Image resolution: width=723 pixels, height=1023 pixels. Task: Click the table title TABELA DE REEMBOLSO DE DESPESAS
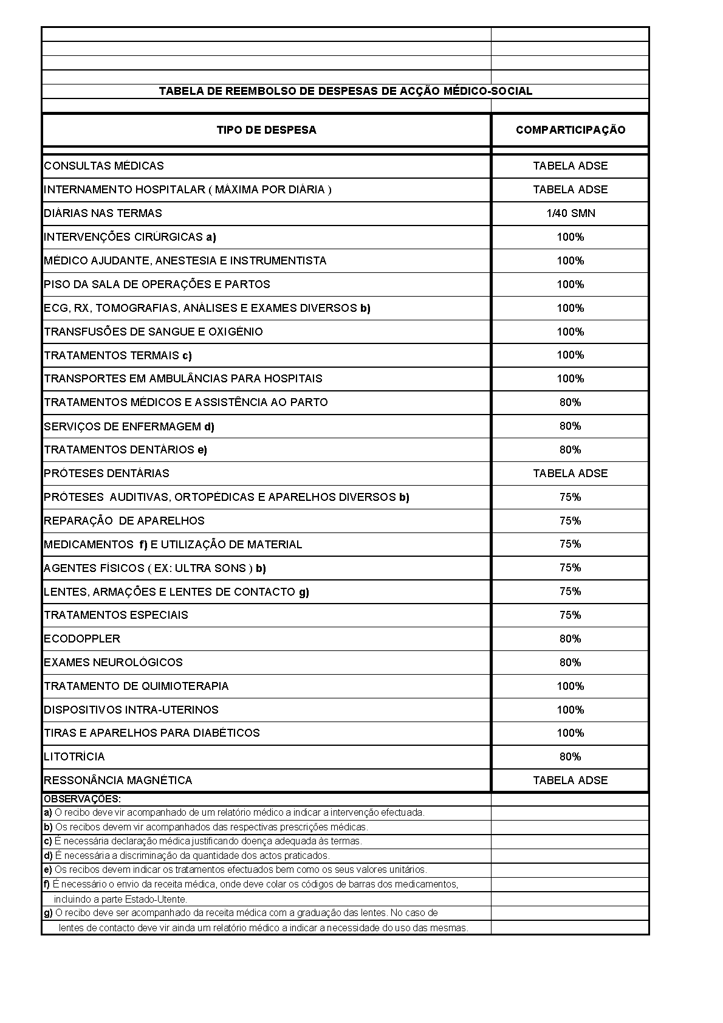pyautogui.click(x=345, y=91)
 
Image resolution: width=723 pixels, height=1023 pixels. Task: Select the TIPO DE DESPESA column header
pyautogui.click(x=266, y=130)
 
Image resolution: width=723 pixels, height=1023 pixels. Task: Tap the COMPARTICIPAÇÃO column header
pyautogui.click(x=570, y=130)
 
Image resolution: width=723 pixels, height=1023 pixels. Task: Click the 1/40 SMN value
pyautogui.click(x=570, y=213)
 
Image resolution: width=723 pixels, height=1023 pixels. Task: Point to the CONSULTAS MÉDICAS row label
pyautogui.click(x=104, y=166)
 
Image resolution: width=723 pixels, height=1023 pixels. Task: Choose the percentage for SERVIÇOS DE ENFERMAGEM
pyautogui.click(x=570, y=426)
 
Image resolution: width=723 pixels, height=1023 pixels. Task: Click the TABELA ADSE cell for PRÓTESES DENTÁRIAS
pyautogui.click(x=570, y=474)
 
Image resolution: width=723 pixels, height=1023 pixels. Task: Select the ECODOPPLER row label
pyautogui.click(x=82, y=639)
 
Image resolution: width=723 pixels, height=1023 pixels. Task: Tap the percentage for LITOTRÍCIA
pyautogui.click(x=570, y=757)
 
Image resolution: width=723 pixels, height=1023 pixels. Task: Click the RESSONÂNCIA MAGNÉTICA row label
pyautogui.click(x=118, y=780)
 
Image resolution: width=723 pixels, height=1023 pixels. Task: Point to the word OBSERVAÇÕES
pyautogui.click(x=82, y=799)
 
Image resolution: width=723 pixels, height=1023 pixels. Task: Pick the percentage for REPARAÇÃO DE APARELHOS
pyautogui.click(x=570, y=521)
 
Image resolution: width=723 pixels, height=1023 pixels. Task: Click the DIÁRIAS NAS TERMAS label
pyautogui.click(x=103, y=213)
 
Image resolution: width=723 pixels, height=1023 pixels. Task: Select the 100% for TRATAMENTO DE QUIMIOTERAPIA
pyautogui.click(x=570, y=686)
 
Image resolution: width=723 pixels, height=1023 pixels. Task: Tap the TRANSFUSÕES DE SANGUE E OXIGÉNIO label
pyautogui.click(x=153, y=332)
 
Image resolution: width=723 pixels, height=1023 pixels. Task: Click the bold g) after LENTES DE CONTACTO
pyautogui.click(x=304, y=592)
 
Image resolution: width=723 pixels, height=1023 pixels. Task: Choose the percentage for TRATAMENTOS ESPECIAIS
pyautogui.click(x=570, y=615)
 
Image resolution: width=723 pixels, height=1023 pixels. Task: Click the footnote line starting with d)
pyautogui.click(x=187, y=856)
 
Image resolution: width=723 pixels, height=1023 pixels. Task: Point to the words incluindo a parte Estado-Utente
pyautogui.click(x=120, y=899)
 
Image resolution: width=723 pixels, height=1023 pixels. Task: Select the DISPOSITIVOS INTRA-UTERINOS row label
pyautogui.click(x=131, y=710)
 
